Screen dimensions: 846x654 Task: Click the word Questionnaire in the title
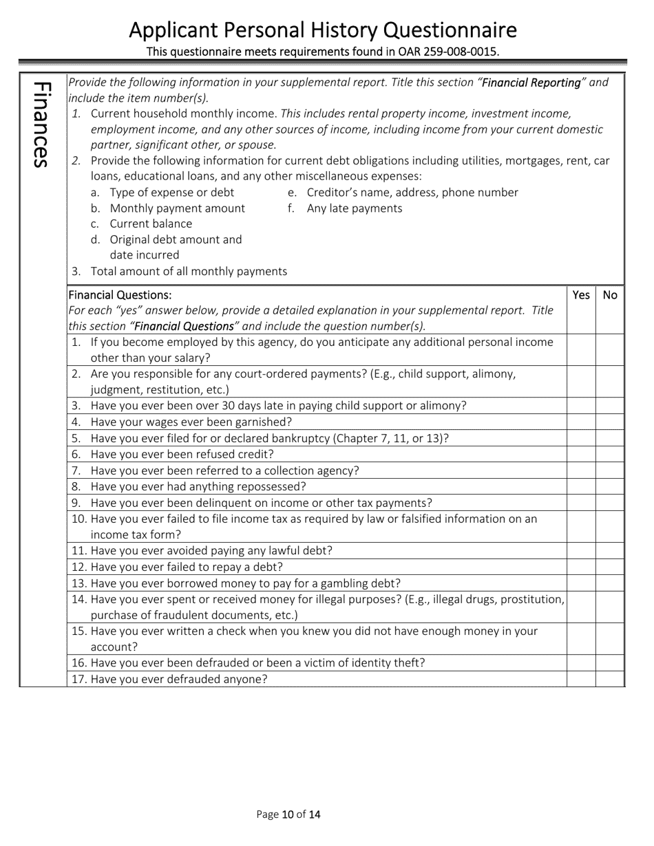coord(450,30)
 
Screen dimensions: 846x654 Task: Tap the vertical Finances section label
coord(42,124)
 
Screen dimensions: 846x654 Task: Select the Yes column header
coord(581,295)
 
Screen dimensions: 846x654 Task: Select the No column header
coord(610,295)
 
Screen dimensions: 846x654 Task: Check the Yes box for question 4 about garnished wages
coord(581,422)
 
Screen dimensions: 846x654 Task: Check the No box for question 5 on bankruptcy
coord(610,438)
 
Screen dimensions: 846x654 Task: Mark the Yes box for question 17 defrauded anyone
coord(581,680)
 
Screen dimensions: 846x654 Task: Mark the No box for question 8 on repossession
coord(610,487)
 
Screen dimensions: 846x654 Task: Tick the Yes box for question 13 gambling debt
coord(581,583)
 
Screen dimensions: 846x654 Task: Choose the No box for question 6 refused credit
coord(610,455)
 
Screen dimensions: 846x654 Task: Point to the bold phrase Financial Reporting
coord(531,83)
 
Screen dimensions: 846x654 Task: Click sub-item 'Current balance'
coord(151,224)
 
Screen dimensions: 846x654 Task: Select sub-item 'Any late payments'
coord(354,208)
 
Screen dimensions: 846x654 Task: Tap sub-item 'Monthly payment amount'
coord(177,208)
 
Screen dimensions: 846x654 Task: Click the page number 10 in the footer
coord(288,815)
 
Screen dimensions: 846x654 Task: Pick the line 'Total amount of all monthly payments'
coord(189,271)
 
